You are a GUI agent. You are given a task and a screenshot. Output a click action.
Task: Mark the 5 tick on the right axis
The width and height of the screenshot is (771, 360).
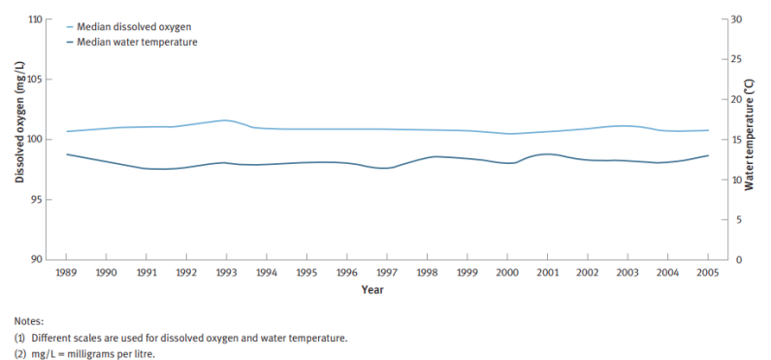point(733,220)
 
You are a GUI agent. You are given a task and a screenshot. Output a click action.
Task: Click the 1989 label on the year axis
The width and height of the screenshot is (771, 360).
point(67,274)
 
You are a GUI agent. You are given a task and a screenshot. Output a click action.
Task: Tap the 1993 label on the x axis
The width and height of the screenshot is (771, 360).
point(226,274)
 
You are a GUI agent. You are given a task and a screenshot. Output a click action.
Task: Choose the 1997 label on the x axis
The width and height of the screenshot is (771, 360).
point(386,274)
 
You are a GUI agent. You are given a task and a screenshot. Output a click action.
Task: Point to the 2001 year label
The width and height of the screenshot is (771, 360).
point(546,274)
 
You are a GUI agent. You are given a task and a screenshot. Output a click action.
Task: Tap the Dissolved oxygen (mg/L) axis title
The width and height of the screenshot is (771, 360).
point(19,139)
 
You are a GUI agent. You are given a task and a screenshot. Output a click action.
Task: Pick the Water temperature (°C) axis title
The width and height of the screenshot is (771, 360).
point(753,139)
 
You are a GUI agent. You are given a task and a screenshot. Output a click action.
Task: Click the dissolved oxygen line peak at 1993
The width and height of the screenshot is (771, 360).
point(225,120)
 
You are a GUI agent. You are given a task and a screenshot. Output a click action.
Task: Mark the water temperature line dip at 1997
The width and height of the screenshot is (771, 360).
point(386,168)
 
